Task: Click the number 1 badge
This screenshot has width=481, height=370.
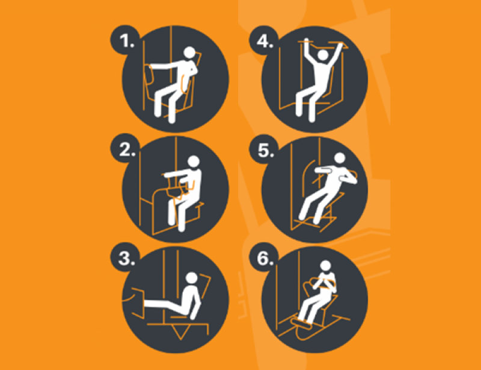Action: pos(125,40)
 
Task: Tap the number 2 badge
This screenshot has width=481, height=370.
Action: pos(125,149)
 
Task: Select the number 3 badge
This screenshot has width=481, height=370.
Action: pos(125,258)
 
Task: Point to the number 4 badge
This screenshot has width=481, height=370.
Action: pos(264,40)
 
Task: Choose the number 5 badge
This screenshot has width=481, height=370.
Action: pos(264,149)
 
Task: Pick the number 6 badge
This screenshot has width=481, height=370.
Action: pos(264,258)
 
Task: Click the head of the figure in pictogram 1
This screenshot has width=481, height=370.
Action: pos(189,52)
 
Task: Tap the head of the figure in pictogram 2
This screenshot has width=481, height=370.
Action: pos(194,161)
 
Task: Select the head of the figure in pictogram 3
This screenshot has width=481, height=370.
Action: pos(192,278)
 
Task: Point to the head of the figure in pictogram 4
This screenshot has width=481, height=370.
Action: pos(323,55)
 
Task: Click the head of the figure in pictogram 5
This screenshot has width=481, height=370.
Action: pos(340,158)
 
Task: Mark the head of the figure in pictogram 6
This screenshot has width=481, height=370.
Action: pos(325,265)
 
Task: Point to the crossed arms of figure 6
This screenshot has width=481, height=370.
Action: pos(325,284)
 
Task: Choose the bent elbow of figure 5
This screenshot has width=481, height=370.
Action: pos(353,180)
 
